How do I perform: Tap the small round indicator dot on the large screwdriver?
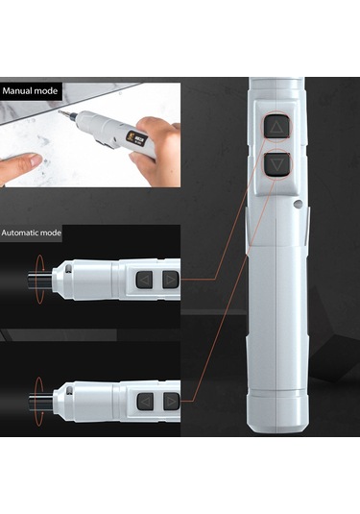tap(298, 204)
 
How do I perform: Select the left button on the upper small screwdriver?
tap(144, 280)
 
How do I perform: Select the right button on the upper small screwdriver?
tap(170, 280)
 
